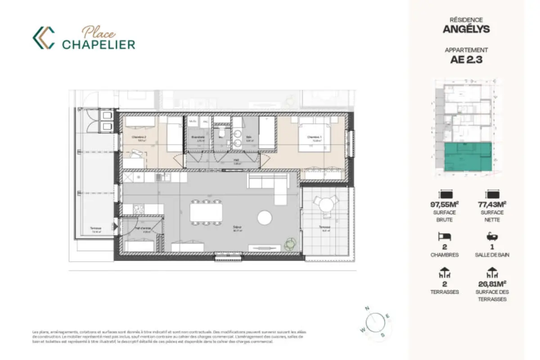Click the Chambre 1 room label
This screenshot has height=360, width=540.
(x=314, y=137)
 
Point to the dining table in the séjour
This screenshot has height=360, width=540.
(x=206, y=213)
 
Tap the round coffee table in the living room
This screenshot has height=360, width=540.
(x=265, y=218)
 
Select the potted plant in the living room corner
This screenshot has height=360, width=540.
(x=290, y=244)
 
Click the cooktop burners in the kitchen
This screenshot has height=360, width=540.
(x=138, y=209)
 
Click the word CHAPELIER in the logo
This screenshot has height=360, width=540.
(x=99, y=44)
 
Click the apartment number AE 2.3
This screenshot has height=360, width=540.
(x=466, y=60)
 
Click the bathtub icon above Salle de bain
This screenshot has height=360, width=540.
(x=491, y=237)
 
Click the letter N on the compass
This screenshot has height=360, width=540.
(x=367, y=308)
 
